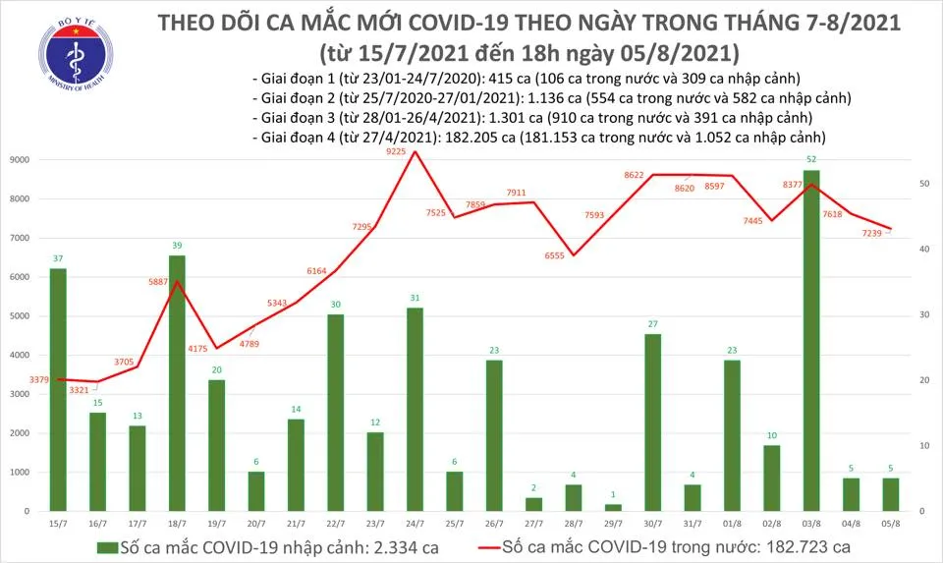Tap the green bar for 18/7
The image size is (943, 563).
[177, 383]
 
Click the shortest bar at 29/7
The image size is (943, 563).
[613, 507]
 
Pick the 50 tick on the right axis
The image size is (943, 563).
[923, 184]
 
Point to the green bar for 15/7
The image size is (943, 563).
[58, 389]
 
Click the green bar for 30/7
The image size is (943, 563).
[652, 422]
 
